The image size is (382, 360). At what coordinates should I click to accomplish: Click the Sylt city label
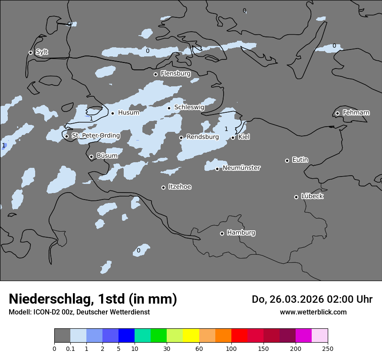42,52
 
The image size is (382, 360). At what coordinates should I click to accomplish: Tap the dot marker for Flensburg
155,74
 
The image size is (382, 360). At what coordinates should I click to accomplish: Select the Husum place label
128,113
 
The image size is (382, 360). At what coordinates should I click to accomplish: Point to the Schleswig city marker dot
169,108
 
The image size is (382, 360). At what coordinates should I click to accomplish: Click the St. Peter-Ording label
95,136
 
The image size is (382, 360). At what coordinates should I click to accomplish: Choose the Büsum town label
107,156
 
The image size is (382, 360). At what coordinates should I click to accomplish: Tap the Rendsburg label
202,137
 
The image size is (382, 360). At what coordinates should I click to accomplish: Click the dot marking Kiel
233,137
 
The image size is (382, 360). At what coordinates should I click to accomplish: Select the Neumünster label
241,168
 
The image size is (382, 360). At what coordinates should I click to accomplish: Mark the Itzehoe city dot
163,187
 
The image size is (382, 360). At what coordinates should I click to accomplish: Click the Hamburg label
241,232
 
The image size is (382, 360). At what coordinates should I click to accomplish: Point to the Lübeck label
312,196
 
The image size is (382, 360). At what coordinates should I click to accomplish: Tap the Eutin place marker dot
287,160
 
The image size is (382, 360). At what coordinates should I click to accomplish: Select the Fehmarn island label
356,113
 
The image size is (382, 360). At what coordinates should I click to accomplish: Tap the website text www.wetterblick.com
313,312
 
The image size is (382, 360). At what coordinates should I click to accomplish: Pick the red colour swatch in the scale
239,336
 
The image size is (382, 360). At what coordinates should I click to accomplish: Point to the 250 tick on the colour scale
328,348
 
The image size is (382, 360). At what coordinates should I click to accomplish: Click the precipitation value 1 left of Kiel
226,129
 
